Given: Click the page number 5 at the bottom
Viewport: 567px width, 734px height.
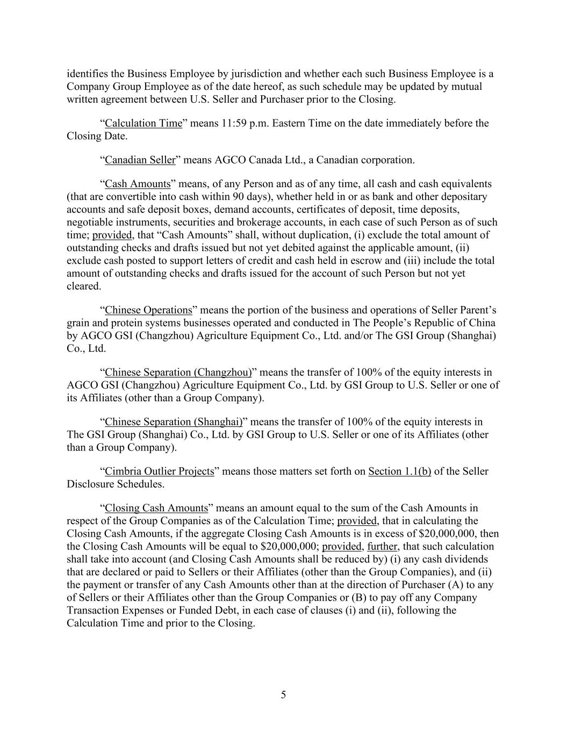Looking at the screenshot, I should [x=283, y=695].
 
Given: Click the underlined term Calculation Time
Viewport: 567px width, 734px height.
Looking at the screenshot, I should [x=143, y=123].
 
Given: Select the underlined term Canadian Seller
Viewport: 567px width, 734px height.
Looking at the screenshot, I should [x=140, y=160].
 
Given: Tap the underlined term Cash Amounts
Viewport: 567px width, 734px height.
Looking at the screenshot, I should [x=138, y=184].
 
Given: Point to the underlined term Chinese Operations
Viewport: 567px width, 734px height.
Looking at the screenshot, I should [x=148, y=310].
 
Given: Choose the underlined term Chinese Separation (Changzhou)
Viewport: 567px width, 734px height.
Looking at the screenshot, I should [x=178, y=373].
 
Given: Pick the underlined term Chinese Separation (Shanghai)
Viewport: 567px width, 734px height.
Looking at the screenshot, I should [x=174, y=422].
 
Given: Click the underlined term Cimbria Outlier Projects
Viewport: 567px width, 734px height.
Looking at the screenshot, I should [x=159, y=472].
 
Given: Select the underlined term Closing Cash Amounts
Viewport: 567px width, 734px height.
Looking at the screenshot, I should [x=156, y=508].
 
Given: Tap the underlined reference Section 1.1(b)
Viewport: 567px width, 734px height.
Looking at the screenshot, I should [x=399, y=472].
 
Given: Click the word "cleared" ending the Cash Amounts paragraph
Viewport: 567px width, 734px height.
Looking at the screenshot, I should [x=83, y=286].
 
